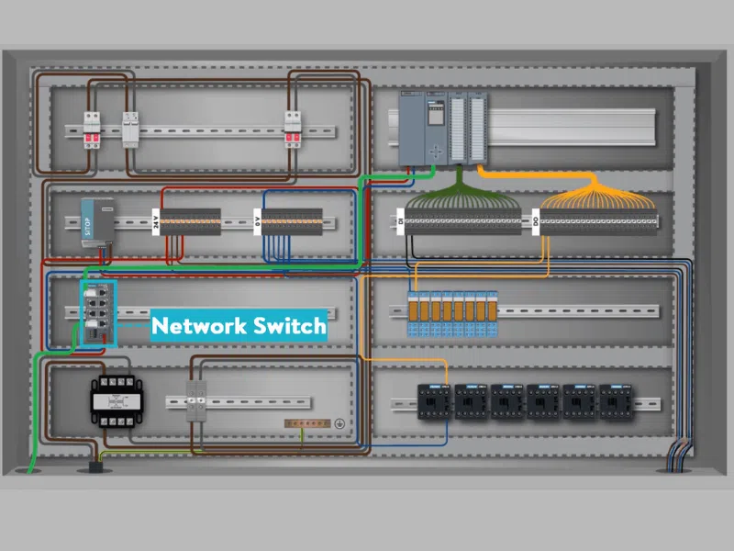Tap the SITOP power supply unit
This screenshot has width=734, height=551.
[x=95, y=219]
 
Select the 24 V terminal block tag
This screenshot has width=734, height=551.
[x=156, y=220]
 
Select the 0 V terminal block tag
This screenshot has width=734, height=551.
[x=258, y=220]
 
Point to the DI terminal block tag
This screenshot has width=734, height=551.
[x=401, y=220]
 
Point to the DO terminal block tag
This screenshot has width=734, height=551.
[x=535, y=220]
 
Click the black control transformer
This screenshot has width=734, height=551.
[x=112, y=401]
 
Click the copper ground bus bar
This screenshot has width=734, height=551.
[x=307, y=423]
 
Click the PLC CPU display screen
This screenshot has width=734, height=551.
[x=437, y=115]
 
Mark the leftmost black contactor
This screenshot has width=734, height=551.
[x=434, y=401]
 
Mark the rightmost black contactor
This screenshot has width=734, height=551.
[x=614, y=401]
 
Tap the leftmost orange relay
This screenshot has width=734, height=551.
[x=415, y=308]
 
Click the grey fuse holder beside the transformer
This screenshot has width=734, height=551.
[x=197, y=401]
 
